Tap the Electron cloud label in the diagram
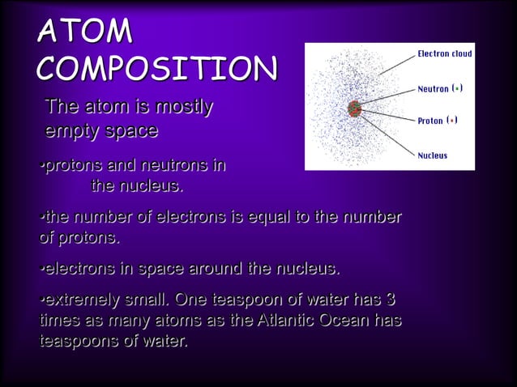tap(445, 54)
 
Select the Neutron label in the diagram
tap(433, 88)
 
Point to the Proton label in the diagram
tap(430, 121)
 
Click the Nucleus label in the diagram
tap(433, 155)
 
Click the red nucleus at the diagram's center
tap(353, 108)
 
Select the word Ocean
tap(345, 321)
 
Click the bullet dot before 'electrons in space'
tap(41, 269)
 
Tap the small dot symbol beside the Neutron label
tap(458, 88)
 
